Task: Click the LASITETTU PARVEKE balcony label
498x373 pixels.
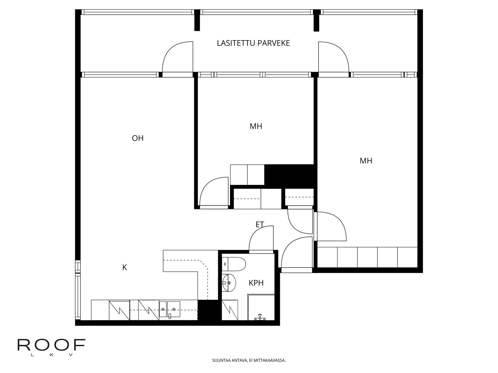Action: (x=253, y=43)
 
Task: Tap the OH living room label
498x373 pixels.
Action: (x=137, y=138)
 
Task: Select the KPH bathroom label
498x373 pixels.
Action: (x=256, y=283)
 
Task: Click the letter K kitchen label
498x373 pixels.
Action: (x=125, y=268)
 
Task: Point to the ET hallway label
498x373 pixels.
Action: (x=260, y=225)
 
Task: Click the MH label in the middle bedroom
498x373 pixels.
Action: (x=256, y=126)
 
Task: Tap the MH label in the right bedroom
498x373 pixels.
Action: (x=366, y=161)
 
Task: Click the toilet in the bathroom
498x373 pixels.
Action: (x=235, y=264)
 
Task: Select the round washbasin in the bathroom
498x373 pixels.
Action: (x=229, y=283)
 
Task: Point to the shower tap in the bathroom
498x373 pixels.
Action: (x=260, y=317)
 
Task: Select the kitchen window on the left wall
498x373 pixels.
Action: (x=78, y=290)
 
